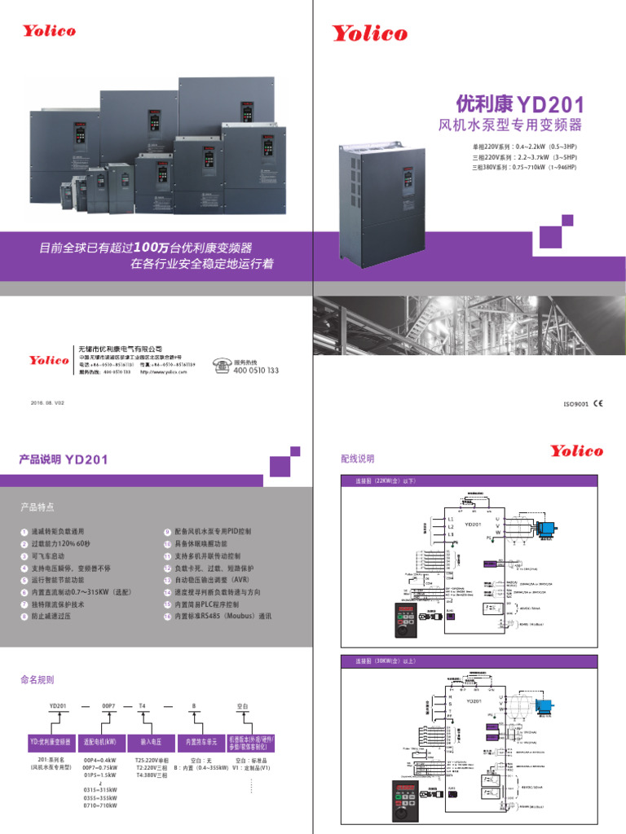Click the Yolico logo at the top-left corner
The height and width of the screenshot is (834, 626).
49,30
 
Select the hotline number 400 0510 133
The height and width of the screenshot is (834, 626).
256,371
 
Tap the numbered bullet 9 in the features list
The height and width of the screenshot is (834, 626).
167,531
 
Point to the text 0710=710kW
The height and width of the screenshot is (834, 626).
100,805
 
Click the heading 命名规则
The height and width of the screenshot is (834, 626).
37,678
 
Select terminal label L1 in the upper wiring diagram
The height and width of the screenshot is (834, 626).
451,519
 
